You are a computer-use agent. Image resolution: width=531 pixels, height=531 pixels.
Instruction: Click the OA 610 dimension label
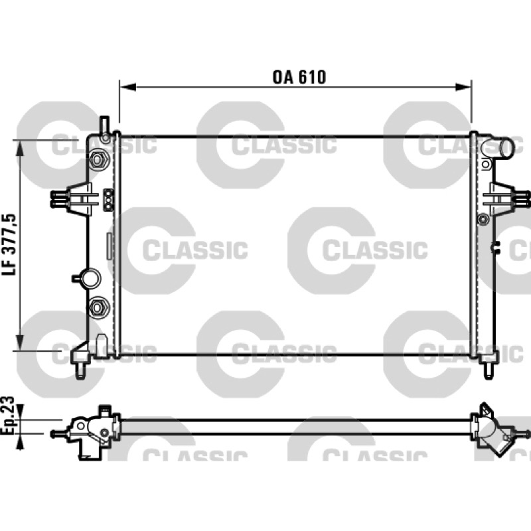click(x=299, y=77)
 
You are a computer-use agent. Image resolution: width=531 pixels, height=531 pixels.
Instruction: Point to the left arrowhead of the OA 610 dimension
click(x=128, y=87)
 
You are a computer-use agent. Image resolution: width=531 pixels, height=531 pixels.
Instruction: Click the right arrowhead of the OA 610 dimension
click(x=463, y=87)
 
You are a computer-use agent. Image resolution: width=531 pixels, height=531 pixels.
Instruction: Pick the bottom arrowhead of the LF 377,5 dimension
click(x=21, y=342)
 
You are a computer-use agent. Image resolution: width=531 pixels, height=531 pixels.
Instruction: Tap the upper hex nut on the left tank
click(x=97, y=159)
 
